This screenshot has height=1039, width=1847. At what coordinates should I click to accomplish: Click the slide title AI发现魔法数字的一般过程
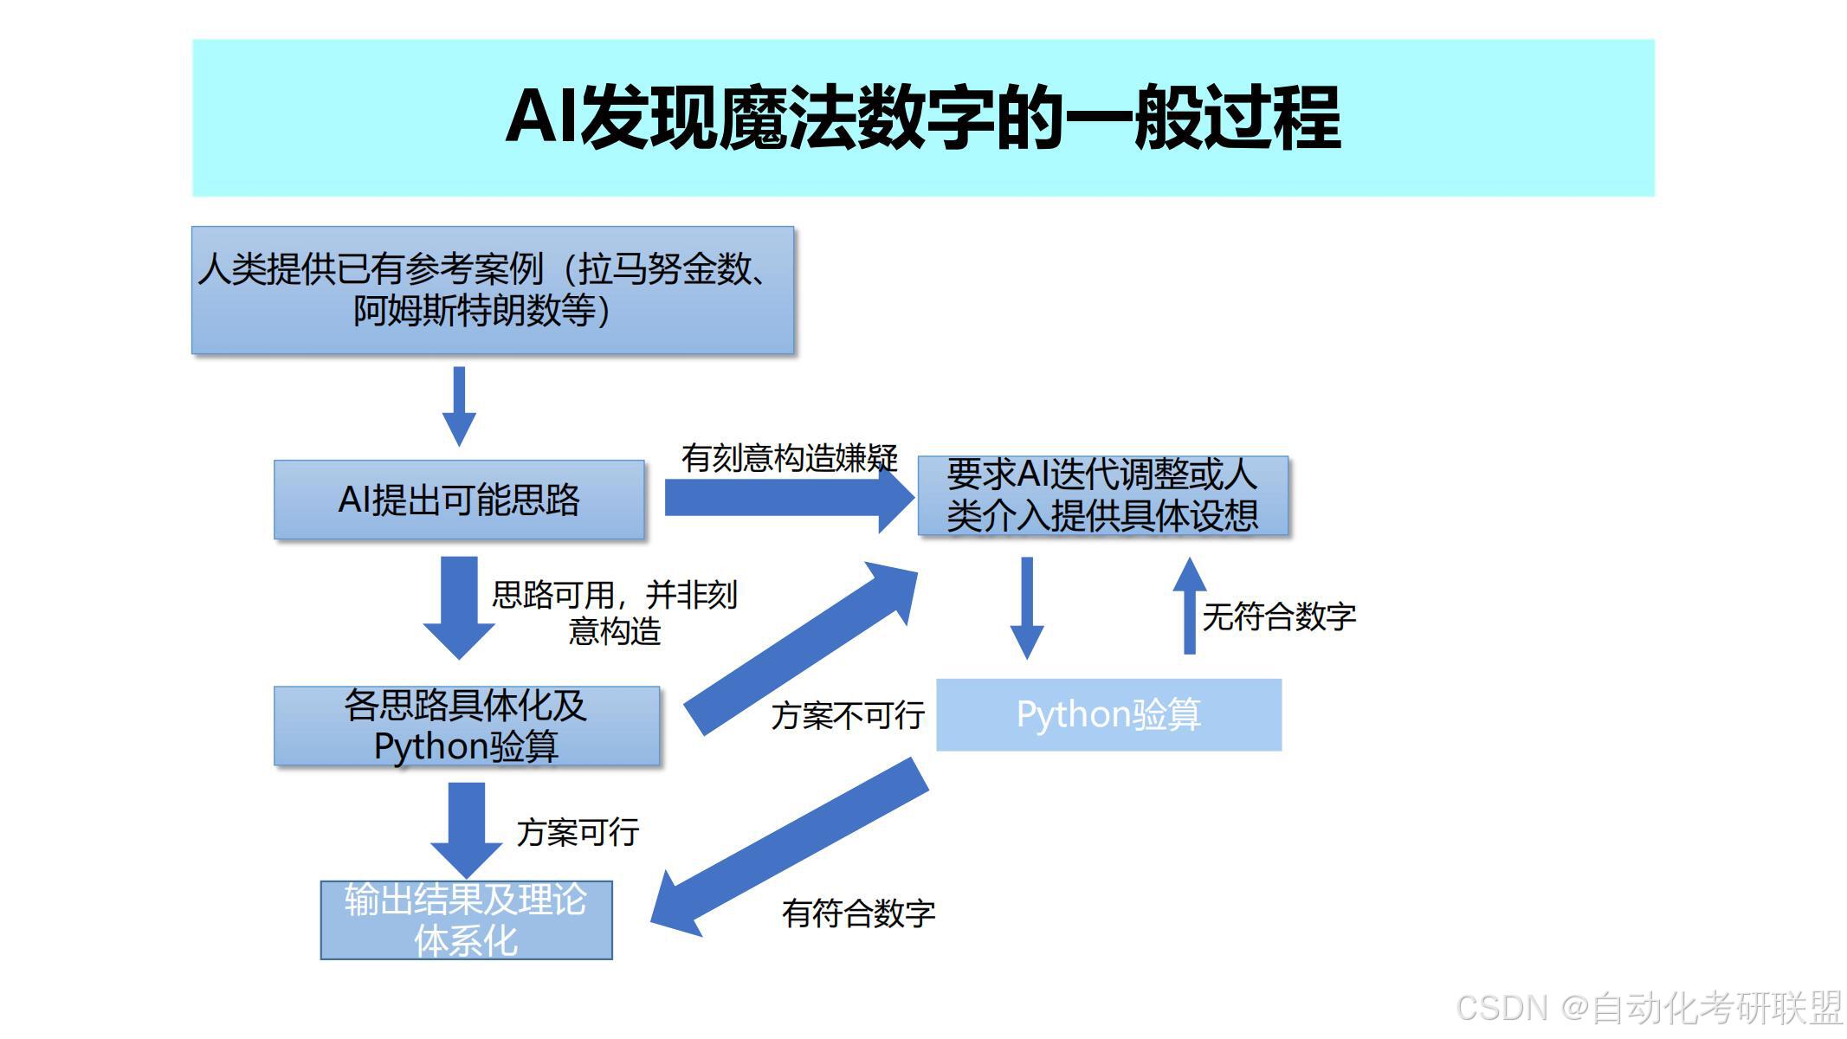[x=923, y=118]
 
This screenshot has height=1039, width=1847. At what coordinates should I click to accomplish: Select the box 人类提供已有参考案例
[x=492, y=290]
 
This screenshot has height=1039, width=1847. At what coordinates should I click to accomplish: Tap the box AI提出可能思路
[x=459, y=500]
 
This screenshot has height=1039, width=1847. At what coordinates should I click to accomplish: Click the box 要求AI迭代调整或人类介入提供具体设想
[x=1102, y=495]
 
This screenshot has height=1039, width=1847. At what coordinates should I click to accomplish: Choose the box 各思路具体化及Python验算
[x=466, y=726]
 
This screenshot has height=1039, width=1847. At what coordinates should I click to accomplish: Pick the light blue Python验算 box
[x=1108, y=714]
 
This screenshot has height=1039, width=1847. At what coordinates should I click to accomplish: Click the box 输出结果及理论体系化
[x=466, y=920]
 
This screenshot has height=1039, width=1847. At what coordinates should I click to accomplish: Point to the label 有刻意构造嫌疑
[x=789, y=457]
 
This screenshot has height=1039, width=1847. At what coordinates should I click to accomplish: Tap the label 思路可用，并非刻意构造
[x=614, y=612]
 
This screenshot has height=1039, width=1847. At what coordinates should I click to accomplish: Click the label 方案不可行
[x=848, y=716]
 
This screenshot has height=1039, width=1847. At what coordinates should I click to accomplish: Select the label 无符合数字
[x=1279, y=616]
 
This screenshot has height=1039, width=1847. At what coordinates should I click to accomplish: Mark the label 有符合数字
[x=858, y=913]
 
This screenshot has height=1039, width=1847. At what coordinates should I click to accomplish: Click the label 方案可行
[x=578, y=832]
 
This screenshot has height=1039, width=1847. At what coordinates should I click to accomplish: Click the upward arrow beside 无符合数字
[x=1190, y=606]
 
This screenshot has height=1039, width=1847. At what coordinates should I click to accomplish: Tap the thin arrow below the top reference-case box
[x=459, y=405]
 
